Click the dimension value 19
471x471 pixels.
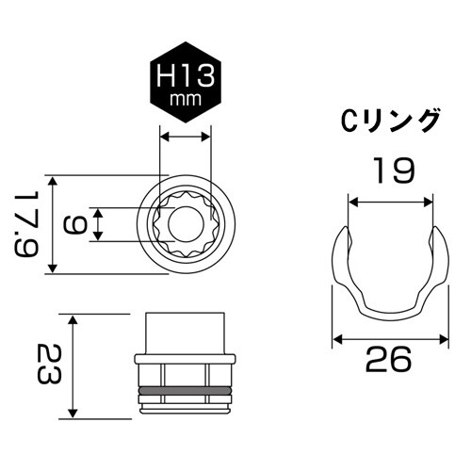click(390, 170)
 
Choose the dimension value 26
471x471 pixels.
click(390, 361)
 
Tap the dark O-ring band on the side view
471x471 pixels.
click(185, 389)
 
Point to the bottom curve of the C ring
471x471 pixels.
click(390, 311)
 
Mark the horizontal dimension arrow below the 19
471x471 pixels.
click(390, 199)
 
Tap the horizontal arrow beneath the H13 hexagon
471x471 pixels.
click(185, 138)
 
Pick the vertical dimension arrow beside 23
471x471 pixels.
click(73, 365)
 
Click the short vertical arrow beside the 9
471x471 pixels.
click(98, 224)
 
